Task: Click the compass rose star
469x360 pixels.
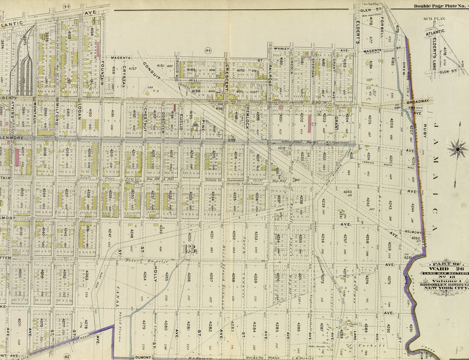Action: pos(457,149)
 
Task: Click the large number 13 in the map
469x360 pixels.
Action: pos(189,250)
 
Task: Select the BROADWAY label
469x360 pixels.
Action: pos(416,101)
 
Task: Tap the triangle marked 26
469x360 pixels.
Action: pos(194,124)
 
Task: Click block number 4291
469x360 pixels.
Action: pos(411,328)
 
